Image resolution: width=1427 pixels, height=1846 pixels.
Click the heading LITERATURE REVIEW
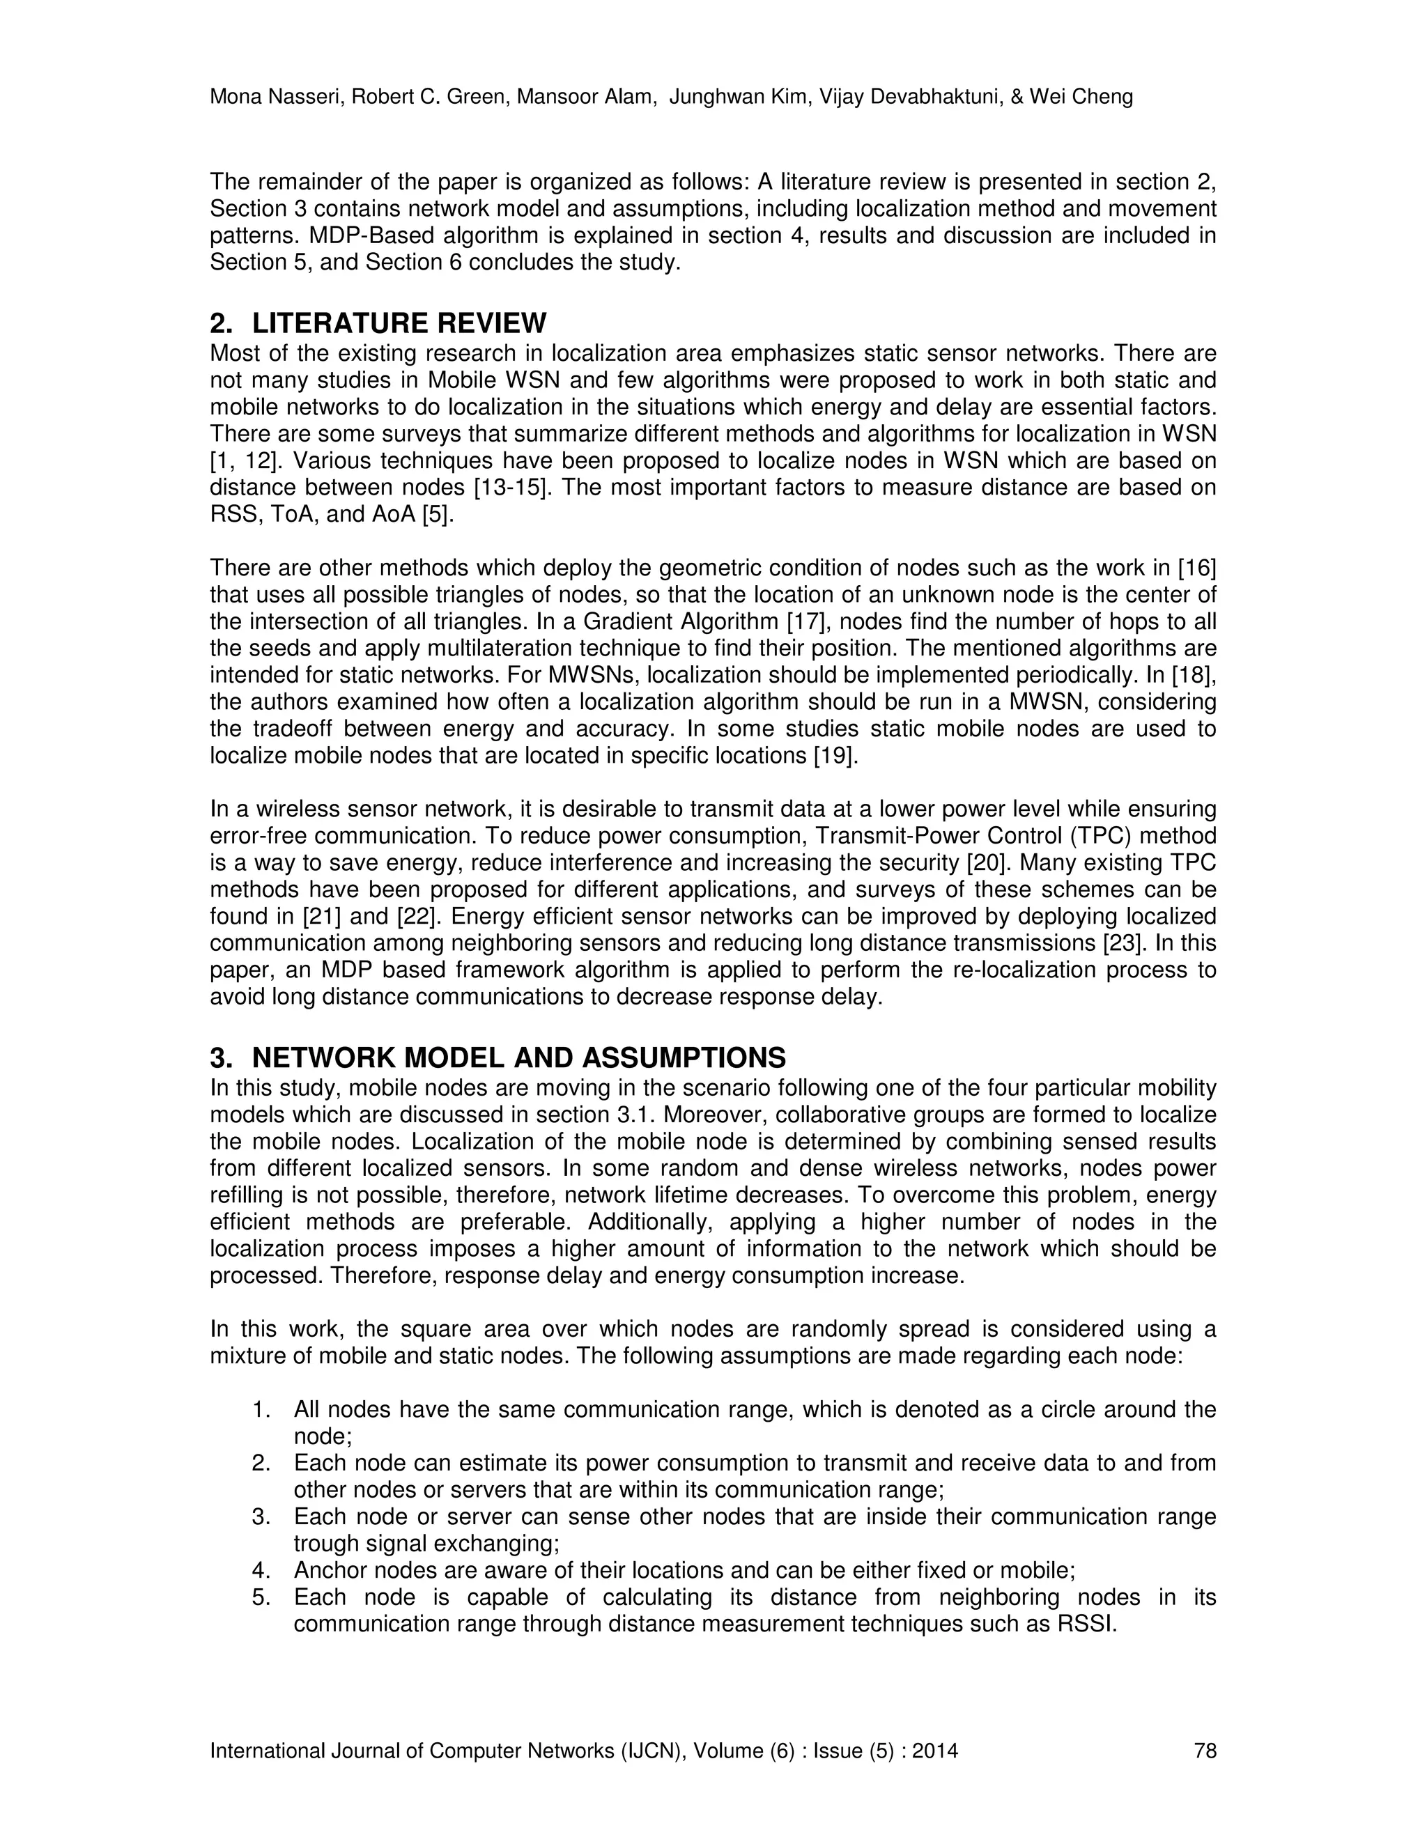point(399,323)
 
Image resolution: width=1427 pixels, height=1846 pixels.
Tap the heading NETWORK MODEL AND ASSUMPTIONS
point(518,1057)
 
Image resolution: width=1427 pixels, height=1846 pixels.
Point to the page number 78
point(1205,1751)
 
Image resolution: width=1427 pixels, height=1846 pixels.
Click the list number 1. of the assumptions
point(261,1410)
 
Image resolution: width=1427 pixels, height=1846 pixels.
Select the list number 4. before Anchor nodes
point(261,1570)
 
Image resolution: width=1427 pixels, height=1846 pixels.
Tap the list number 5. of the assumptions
point(261,1597)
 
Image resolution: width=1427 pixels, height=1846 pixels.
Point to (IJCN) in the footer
point(650,1751)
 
